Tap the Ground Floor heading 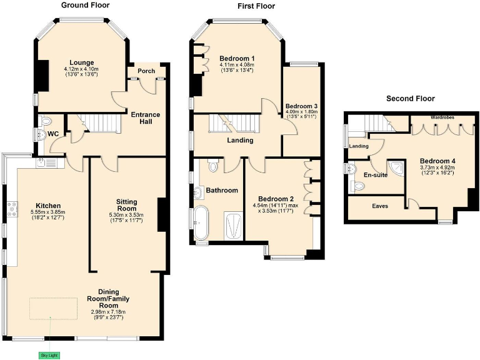[85, 5]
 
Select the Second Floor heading [410, 99]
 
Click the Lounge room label [81, 62]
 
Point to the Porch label [146, 71]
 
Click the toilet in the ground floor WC [44, 121]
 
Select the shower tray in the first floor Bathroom [232, 225]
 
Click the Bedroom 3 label [301, 106]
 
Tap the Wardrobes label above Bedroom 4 [443, 117]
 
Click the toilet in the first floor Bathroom [212, 166]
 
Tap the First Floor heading [256, 6]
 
